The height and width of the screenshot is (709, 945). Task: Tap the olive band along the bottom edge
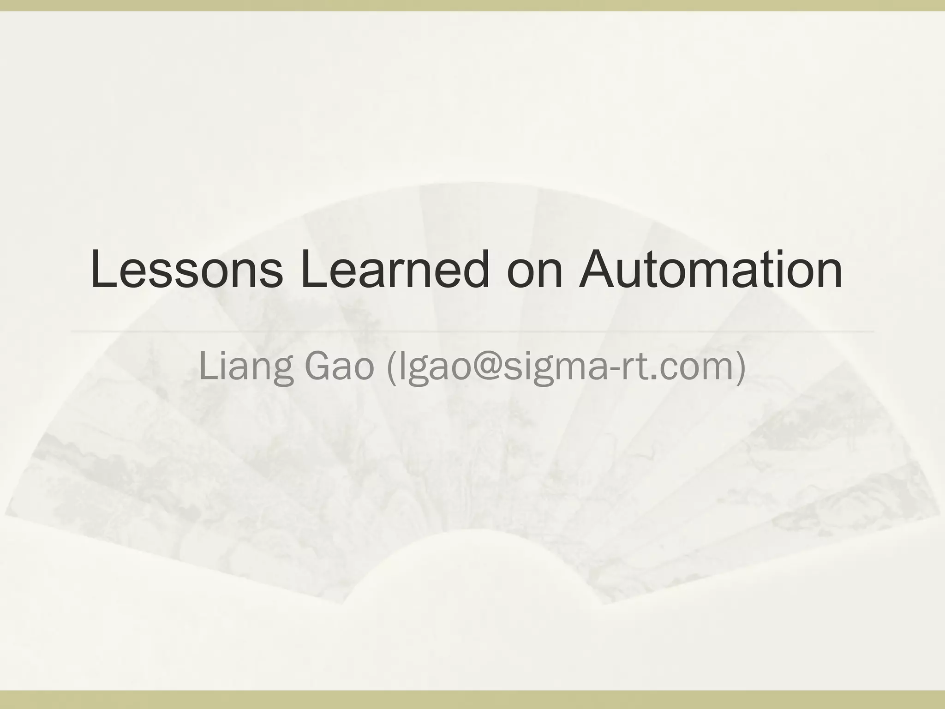pos(472,700)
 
